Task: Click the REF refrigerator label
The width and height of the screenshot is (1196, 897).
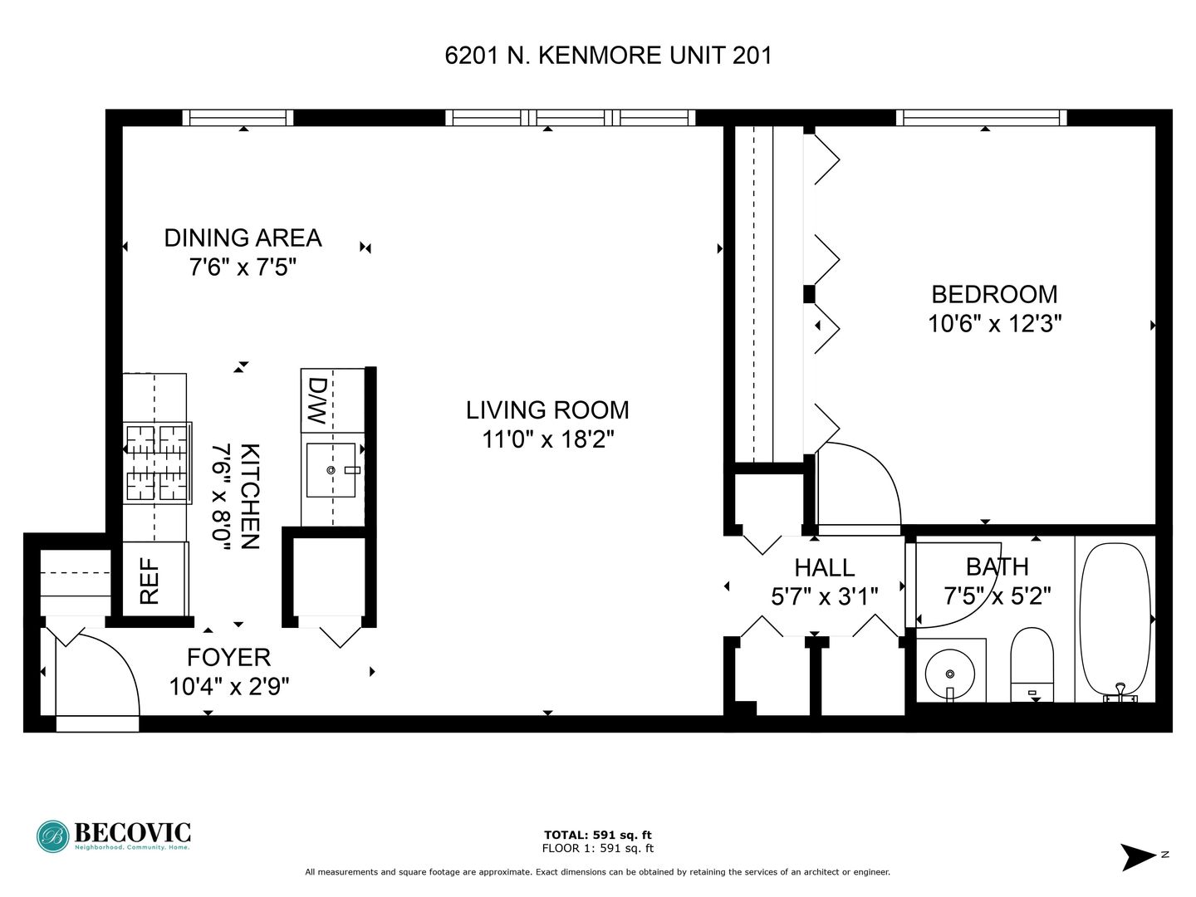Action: [149, 581]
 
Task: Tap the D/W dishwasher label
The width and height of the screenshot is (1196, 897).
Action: [317, 401]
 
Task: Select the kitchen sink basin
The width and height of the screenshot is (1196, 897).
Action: [331, 470]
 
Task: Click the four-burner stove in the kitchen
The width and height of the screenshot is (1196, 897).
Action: [158, 463]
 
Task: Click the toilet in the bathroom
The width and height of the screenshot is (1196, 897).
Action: [1032, 664]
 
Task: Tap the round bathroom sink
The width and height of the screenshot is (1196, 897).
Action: [950, 674]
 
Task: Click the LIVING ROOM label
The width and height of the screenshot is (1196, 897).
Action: [547, 410]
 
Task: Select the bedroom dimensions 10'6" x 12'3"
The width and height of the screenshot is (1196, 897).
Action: [995, 324]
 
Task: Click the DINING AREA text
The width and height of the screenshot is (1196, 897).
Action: [243, 238]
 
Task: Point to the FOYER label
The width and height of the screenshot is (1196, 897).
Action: [229, 658]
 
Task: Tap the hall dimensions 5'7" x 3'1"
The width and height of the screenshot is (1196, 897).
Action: [825, 597]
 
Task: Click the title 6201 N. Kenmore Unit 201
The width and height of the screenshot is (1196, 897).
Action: [608, 56]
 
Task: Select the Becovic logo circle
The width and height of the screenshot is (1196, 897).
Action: [53, 836]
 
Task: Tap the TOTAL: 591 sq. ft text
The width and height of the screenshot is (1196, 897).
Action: [598, 835]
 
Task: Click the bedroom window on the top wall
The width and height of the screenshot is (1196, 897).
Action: [982, 118]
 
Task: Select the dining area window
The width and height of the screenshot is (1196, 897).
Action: [238, 118]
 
